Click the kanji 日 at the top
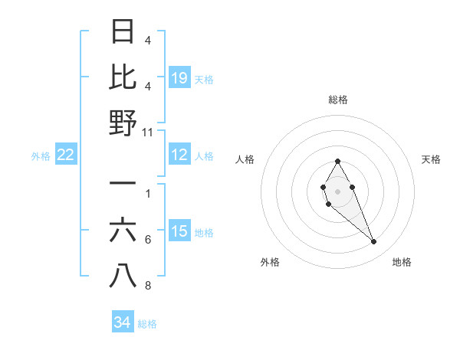(123, 32)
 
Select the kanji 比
(123, 77)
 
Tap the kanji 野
(123, 122)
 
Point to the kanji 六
(123, 231)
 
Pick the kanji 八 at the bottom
(123, 276)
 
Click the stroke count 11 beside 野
(148, 132)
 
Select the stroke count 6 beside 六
(148, 240)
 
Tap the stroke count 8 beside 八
(148, 286)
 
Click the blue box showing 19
(179, 77)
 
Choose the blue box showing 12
(179, 155)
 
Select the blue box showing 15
(179, 231)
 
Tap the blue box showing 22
(66, 155)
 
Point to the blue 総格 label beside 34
(147, 323)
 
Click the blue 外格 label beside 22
(41, 155)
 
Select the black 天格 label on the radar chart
(432, 159)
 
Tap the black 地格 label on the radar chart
(402, 262)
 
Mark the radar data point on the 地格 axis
(374, 242)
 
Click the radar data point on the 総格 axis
(337, 161)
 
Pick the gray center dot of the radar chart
(337, 190)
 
